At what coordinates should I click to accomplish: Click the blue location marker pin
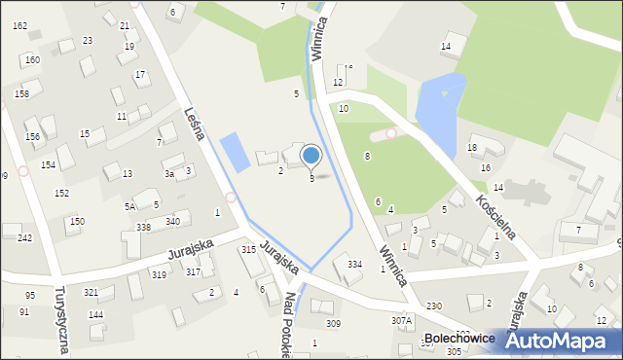click(x=311, y=156)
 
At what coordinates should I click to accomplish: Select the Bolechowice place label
click(x=460, y=339)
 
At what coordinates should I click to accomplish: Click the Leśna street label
click(x=193, y=123)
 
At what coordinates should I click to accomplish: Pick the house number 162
click(x=19, y=26)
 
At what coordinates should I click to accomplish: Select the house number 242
click(x=24, y=237)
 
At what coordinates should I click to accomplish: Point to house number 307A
click(x=401, y=320)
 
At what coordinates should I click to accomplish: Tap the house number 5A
click(x=129, y=206)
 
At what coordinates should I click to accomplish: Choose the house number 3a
click(x=168, y=173)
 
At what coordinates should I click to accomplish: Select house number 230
click(x=433, y=306)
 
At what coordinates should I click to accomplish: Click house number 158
click(x=21, y=94)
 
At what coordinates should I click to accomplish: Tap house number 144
click(x=95, y=315)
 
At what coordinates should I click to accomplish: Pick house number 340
click(x=172, y=222)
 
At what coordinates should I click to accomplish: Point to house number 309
click(x=333, y=323)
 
